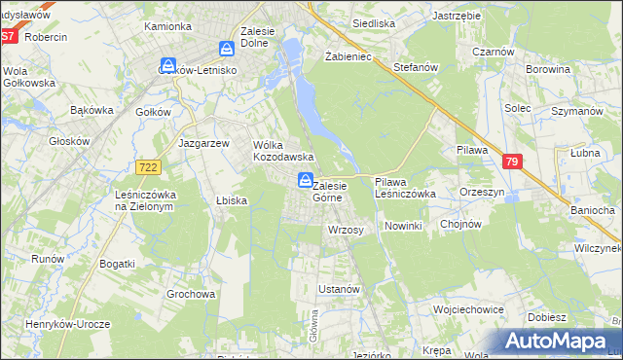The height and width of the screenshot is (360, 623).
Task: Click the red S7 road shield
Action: (9, 36)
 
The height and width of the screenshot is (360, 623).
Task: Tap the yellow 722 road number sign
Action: (148, 168)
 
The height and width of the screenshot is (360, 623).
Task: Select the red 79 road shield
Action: (513, 162)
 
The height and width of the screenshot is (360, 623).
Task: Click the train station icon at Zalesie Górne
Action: (305, 180)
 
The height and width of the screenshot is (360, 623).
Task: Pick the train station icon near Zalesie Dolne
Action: (227, 48)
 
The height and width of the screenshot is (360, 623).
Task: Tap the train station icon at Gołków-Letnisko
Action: (166, 56)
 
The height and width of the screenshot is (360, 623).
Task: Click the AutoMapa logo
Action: (559, 342)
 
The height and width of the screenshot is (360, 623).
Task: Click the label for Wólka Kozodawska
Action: (282, 150)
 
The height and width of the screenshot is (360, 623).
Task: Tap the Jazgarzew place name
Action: (203, 142)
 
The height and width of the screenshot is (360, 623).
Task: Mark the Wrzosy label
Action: (346, 230)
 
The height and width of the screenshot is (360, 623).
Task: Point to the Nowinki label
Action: (402, 226)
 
